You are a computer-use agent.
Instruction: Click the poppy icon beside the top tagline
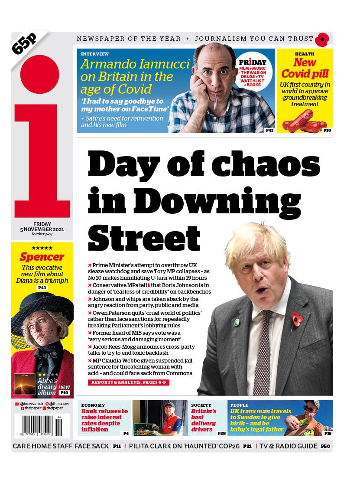322,40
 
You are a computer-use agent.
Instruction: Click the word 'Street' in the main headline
145,237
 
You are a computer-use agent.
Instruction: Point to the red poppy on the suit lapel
297,319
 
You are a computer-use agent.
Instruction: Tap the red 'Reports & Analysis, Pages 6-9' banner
128,382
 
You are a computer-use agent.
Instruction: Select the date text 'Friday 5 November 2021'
42,227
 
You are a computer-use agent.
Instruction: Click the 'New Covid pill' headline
305,68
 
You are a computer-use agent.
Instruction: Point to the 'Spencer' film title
42,257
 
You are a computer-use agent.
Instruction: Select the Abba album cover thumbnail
25,384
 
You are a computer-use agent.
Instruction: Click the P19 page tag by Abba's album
65,393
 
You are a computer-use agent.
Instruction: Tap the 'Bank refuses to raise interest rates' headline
104,420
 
